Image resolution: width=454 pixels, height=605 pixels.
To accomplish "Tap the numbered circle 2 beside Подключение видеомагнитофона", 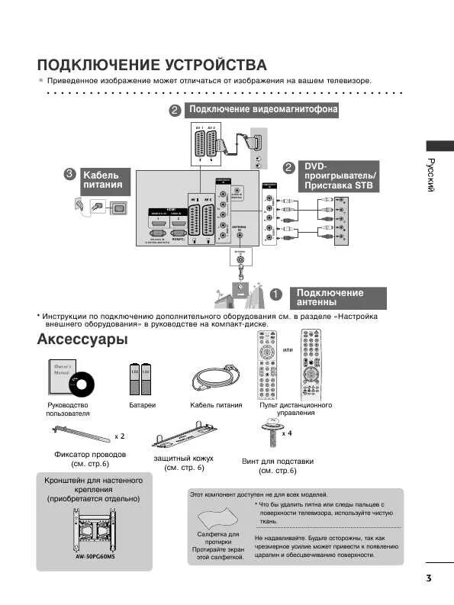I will click(x=175, y=110).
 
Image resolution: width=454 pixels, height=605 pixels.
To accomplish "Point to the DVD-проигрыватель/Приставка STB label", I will click(x=340, y=175).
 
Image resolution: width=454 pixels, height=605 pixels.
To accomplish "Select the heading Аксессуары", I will click(x=82, y=340).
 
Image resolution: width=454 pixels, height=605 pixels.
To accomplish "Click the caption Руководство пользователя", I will click(x=68, y=410).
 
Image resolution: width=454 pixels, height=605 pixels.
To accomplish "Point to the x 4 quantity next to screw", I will click(x=287, y=433).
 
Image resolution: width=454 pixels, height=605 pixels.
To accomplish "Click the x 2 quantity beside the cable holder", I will click(x=120, y=436).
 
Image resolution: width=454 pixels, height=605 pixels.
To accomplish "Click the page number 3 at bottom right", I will click(x=430, y=578).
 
